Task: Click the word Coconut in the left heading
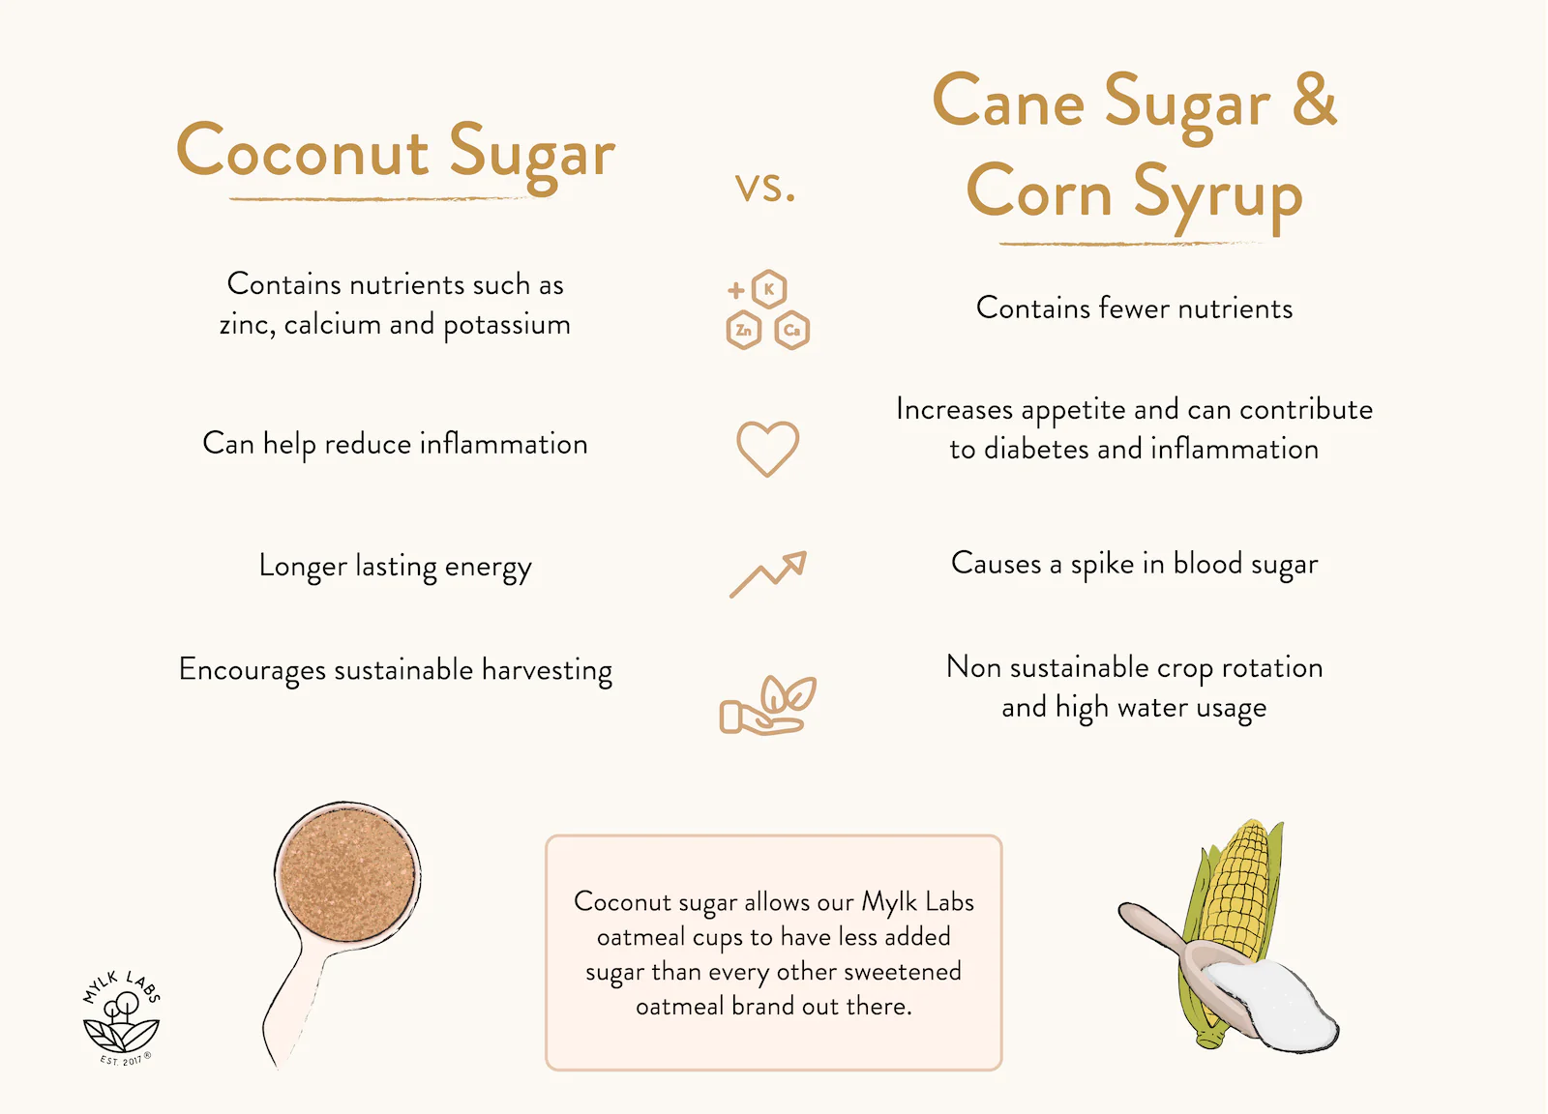[302, 153]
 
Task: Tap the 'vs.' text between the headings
[764, 187]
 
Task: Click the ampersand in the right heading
[1314, 100]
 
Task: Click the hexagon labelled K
[769, 288]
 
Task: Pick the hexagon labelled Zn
[743, 331]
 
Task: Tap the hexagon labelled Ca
[792, 331]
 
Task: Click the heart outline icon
[767, 448]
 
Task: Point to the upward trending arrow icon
[768, 574]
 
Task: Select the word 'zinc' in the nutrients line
[243, 325]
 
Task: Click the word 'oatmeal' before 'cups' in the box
[640, 937]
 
